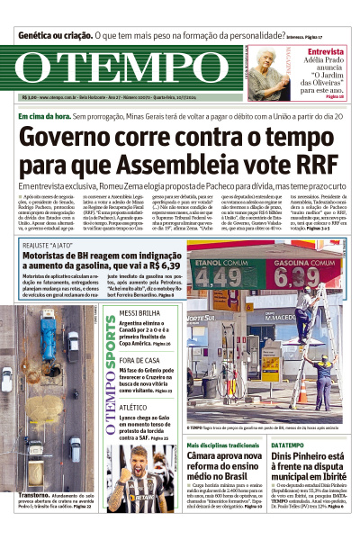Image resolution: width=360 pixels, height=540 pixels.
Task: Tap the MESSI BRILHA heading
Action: pyautogui.click(x=139, y=314)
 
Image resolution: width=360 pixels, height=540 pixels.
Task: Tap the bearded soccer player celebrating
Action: pyautogui.click(x=149, y=476)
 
